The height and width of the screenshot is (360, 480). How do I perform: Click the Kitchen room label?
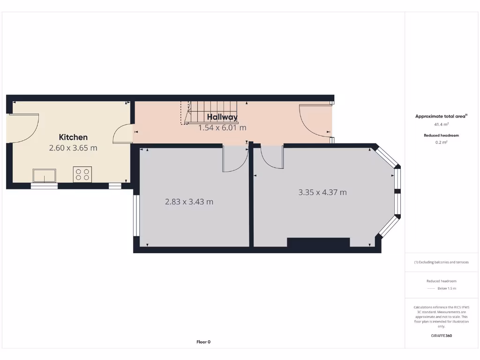(x=73, y=137)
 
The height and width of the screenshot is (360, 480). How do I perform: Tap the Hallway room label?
(x=222, y=117)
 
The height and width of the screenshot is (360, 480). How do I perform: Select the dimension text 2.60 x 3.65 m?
(x=73, y=148)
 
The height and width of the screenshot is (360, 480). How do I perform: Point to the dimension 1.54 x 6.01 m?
(x=222, y=127)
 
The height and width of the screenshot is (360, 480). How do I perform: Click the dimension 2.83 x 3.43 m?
(x=189, y=202)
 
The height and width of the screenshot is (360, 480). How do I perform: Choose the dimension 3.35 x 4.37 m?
(x=322, y=192)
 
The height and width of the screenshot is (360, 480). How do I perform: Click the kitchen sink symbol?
(x=44, y=175)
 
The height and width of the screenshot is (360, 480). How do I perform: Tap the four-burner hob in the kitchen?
(x=82, y=174)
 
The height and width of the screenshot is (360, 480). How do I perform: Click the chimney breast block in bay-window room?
(x=318, y=242)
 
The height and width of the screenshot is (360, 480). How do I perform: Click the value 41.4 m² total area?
(x=441, y=125)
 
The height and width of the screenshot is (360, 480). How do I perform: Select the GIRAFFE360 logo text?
(x=441, y=336)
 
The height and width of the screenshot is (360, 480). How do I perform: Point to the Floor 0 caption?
(x=203, y=342)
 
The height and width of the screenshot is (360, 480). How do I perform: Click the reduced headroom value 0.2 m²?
(x=441, y=142)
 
